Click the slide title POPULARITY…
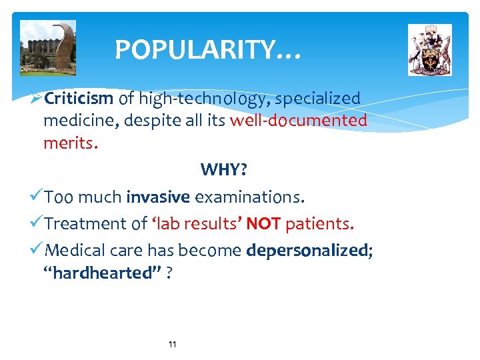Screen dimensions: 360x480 coord(208,50)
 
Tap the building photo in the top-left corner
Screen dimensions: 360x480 coord(48,47)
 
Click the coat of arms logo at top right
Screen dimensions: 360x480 coord(429,50)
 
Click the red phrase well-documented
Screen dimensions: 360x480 coord(298,121)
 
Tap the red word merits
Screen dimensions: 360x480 coord(70,143)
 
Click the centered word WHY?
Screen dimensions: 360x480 coord(223,170)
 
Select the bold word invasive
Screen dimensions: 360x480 coord(159,197)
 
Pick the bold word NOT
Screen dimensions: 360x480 coord(263,224)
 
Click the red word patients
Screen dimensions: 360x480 coord(319,224)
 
